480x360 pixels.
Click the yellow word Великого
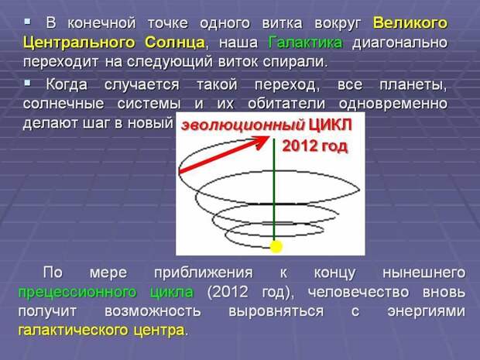point(410,23)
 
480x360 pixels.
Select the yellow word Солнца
point(175,43)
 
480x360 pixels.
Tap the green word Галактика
point(305,43)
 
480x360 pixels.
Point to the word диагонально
point(399,43)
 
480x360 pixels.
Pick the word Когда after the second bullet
point(67,84)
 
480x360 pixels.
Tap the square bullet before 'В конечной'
point(28,22)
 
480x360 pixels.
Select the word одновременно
point(393,104)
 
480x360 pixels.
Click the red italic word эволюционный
point(243,125)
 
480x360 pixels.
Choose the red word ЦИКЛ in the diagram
point(331,125)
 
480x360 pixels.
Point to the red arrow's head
point(262,142)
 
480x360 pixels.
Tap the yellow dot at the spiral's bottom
point(276,246)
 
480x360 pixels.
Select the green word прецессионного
point(77,293)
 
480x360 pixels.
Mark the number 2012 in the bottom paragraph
point(228,292)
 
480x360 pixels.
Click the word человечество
point(358,292)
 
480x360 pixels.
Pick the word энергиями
point(427,312)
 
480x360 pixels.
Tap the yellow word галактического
point(74,331)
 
